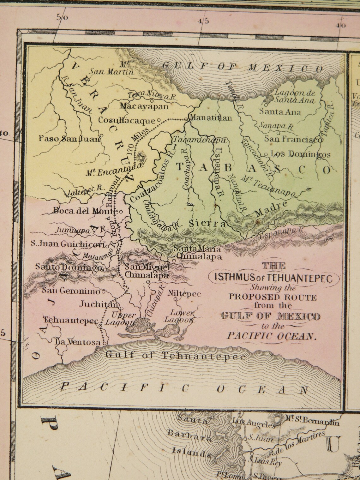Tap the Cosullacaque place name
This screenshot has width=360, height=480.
click(127, 120)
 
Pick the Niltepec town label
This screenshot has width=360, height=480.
click(185, 294)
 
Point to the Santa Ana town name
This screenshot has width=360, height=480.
click(280, 112)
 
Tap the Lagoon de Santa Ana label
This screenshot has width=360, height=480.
click(294, 96)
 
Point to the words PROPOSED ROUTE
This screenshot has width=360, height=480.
click(273, 297)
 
